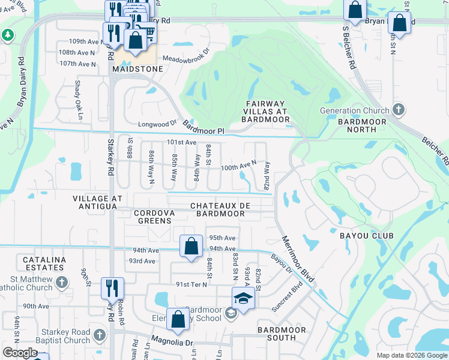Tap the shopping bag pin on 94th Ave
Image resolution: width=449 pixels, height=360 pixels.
[191, 246]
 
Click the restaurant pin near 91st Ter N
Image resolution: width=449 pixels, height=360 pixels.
[112, 289]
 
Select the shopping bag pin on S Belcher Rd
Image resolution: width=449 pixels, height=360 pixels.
[355, 10]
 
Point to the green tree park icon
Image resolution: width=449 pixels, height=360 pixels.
[7, 36]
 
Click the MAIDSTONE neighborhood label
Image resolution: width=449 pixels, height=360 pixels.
[137, 70]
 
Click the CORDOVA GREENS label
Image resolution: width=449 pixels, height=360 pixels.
[154, 217]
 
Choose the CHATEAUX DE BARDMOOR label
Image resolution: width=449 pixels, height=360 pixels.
[220, 210]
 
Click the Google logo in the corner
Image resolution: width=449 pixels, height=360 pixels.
[20, 353]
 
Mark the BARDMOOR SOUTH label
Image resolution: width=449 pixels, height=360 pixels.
[281, 334]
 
